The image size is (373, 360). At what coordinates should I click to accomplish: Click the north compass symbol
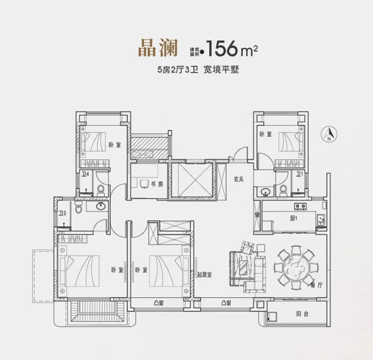329,134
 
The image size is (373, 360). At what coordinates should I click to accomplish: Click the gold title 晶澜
158,48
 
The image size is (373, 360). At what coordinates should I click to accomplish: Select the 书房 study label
157,184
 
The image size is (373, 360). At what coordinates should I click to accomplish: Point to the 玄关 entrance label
238,179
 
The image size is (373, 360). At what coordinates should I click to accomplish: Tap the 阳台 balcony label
302,314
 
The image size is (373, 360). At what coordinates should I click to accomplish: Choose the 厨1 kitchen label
294,218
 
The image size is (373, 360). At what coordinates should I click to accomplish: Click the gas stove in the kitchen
300,207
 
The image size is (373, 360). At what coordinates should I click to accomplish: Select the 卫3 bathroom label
63,213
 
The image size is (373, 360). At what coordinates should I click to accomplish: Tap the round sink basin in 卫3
101,206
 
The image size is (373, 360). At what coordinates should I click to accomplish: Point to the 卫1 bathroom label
299,174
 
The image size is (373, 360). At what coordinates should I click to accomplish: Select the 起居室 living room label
204,275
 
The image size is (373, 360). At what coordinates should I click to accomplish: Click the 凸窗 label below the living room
226,303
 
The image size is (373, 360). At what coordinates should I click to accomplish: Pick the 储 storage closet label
257,215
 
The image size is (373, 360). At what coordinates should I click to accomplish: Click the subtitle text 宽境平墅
221,70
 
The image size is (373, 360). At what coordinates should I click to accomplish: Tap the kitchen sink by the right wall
321,218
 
